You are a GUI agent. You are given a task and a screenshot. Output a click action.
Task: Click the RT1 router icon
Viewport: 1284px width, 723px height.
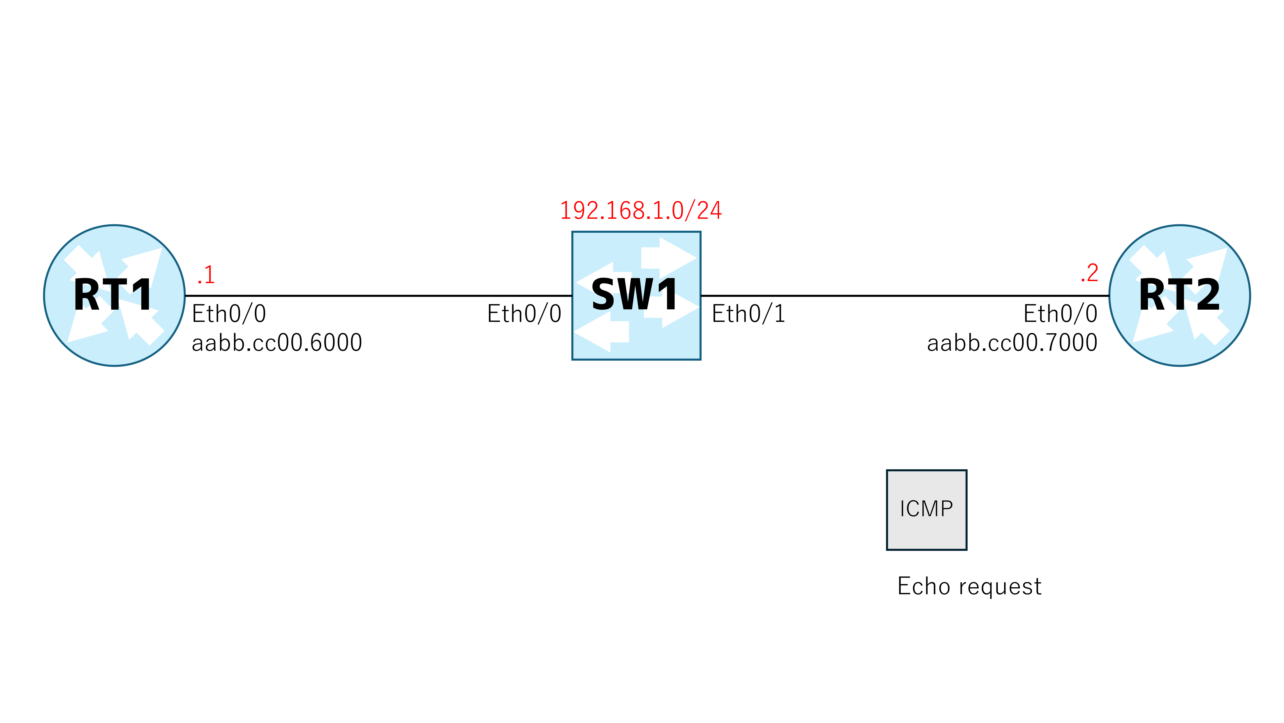pyautogui.click(x=114, y=295)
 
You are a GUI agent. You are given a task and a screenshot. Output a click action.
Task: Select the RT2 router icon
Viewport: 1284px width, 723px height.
pyautogui.click(x=1179, y=295)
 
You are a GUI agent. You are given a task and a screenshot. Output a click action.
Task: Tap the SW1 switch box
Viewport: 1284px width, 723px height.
pyautogui.click(x=636, y=295)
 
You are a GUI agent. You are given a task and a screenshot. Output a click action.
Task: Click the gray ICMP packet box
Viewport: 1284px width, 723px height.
pyautogui.click(x=927, y=510)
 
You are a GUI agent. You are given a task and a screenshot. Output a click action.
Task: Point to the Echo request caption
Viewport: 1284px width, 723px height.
pyautogui.click(x=969, y=586)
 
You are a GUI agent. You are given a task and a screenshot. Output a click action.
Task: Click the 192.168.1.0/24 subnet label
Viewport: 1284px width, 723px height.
pyautogui.click(x=640, y=210)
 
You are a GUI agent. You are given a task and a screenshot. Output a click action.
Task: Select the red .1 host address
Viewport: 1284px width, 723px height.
pyautogui.click(x=206, y=275)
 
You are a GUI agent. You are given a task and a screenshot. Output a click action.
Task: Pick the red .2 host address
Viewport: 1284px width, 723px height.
pyautogui.click(x=1089, y=273)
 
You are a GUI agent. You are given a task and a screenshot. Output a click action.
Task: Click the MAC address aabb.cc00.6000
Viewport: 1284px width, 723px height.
pyautogui.click(x=276, y=342)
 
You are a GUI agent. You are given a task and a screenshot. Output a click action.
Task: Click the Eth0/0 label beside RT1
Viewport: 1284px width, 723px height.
pyautogui.click(x=229, y=314)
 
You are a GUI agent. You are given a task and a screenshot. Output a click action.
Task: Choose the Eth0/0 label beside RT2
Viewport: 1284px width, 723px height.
pyautogui.click(x=1060, y=314)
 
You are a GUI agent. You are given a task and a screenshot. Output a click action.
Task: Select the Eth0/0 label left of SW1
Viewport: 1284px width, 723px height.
pyautogui.click(x=524, y=314)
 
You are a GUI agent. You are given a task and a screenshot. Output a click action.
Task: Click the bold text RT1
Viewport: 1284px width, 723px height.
pyautogui.click(x=113, y=295)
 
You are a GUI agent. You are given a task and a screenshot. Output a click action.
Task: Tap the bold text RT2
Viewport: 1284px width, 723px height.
pyautogui.click(x=1179, y=295)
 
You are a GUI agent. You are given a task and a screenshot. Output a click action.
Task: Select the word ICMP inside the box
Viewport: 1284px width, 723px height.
pyautogui.click(x=926, y=509)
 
